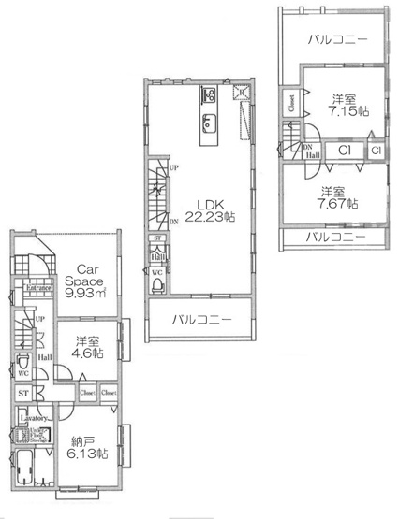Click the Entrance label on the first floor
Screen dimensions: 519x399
(x=38, y=288)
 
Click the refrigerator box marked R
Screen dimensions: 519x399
(x=241, y=94)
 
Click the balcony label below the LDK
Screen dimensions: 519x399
(x=200, y=320)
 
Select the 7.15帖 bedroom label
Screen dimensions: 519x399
(x=343, y=106)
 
